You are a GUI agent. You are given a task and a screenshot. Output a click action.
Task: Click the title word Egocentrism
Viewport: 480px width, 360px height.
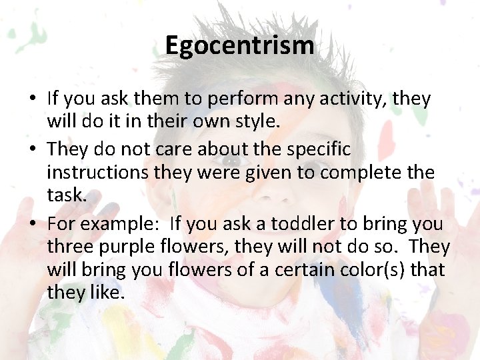[x=239, y=46]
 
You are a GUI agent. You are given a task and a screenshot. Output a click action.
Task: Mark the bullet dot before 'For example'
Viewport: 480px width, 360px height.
[x=33, y=223]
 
